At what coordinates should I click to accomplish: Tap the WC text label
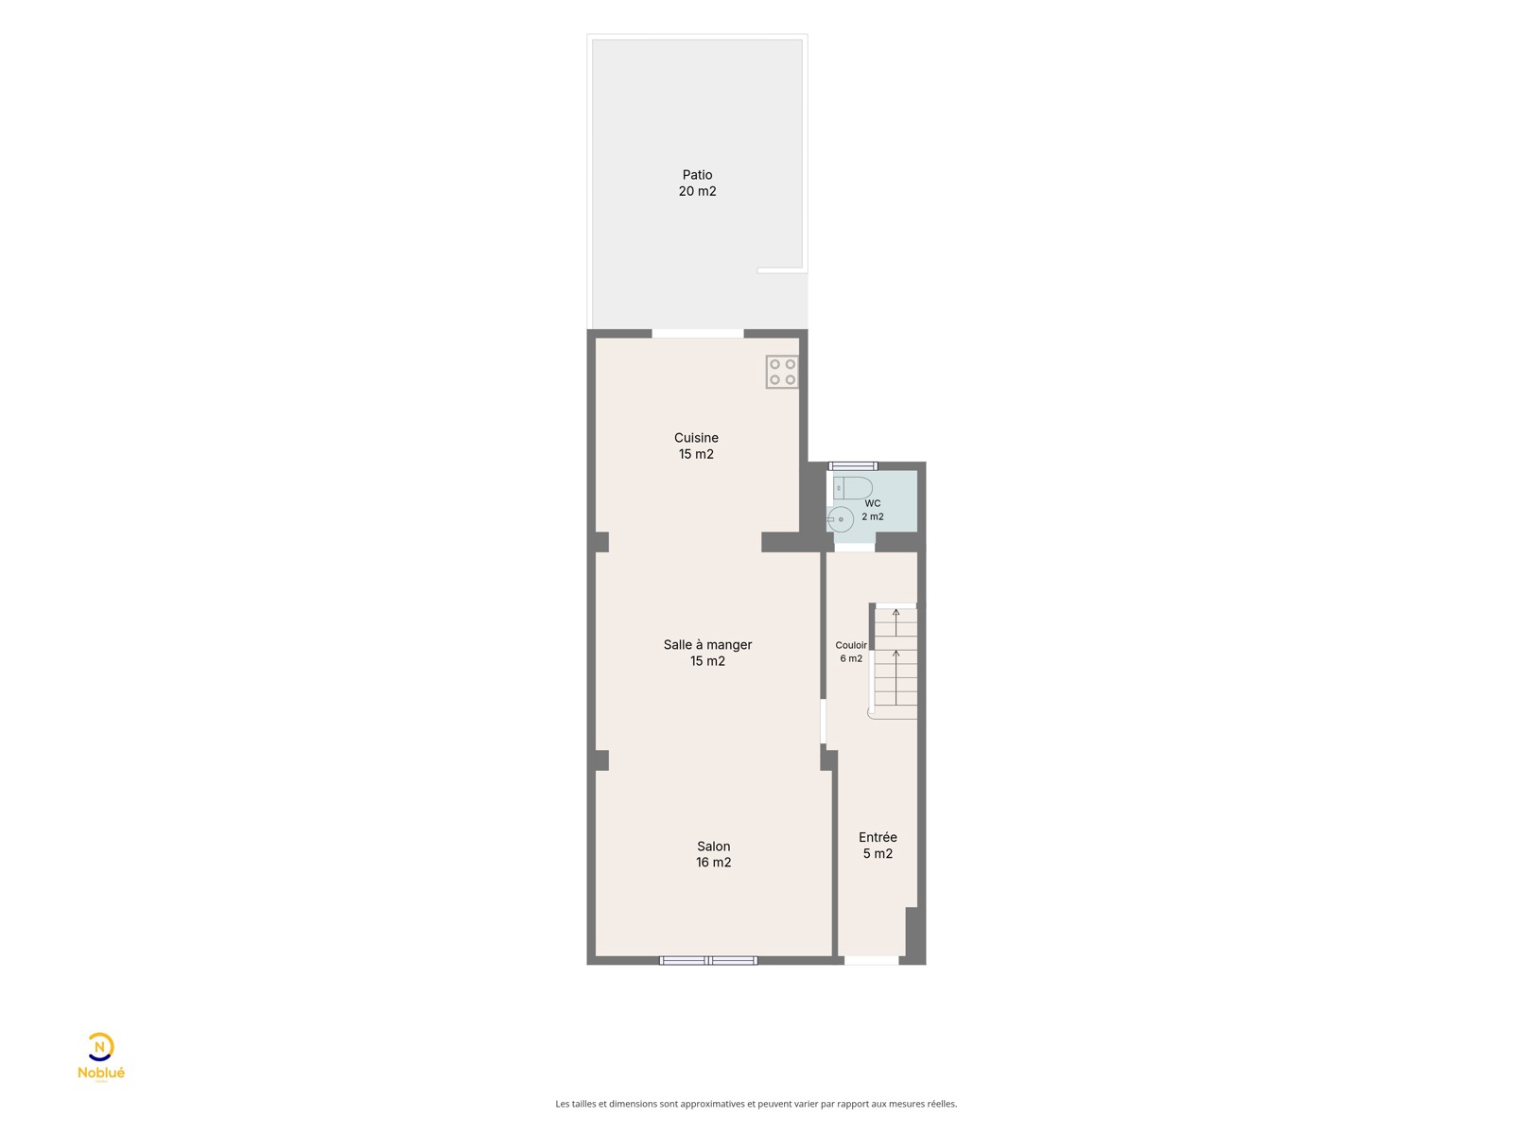[872, 504]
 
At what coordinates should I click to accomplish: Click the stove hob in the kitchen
[782, 372]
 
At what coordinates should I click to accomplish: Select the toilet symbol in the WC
[852, 488]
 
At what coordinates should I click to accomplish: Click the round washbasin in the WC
[841, 519]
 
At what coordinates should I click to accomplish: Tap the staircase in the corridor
[894, 661]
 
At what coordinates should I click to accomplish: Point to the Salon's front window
[708, 961]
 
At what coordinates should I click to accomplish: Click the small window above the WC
[853, 466]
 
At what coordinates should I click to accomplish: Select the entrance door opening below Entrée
[871, 961]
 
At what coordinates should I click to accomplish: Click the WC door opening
[855, 548]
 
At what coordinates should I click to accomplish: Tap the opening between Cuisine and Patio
[698, 334]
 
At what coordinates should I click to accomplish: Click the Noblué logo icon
[100, 1047]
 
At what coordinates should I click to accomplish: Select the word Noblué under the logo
[101, 1073]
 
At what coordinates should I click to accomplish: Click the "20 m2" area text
[697, 192]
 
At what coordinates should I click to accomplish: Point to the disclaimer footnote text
[756, 1104]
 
